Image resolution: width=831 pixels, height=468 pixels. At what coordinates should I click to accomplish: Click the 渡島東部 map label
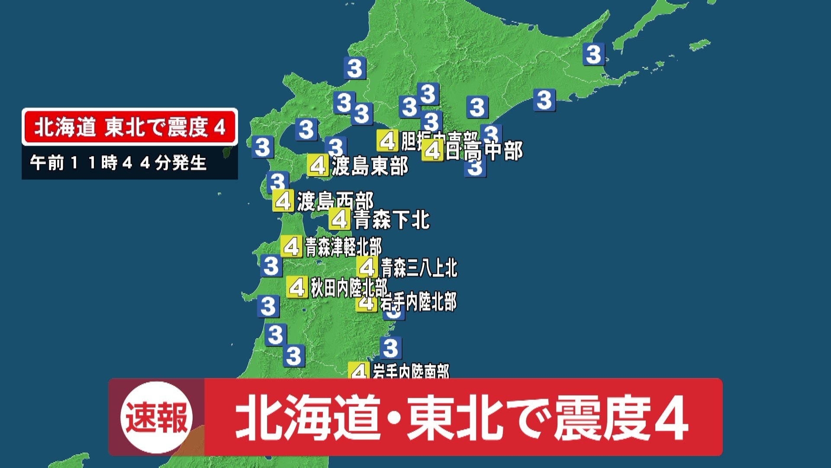(x=370, y=166)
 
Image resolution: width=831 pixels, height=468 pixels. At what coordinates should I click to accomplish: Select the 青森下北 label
(x=392, y=220)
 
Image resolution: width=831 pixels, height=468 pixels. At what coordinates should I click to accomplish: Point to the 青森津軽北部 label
(x=344, y=247)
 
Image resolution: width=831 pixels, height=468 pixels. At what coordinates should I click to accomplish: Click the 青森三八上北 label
(x=419, y=267)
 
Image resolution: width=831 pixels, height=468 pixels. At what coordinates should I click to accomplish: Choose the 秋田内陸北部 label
(x=349, y=287)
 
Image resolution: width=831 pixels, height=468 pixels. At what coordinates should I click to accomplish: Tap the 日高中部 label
(x=484, y=151)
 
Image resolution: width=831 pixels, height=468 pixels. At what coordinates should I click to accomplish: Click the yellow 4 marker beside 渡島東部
(x=318, y=165)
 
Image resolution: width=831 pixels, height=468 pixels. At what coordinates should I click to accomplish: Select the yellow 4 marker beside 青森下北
(x=339, y=219)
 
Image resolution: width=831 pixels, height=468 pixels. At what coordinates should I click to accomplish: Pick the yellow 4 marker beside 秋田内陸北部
(x=297, y=287)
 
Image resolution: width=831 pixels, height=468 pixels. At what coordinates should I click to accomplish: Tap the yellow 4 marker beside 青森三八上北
(x=367, y=267)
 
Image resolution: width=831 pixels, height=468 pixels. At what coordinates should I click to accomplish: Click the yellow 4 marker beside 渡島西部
(x=283, y=201)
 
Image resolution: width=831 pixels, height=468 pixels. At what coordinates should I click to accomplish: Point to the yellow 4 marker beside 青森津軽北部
(x=291, y=247)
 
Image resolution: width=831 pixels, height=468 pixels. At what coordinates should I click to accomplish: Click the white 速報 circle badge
(x=156, y=417)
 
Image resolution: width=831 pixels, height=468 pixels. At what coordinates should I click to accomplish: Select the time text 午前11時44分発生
(x=118, y=163)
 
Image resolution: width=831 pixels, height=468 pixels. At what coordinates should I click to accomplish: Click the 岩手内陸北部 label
(x=418, y=302)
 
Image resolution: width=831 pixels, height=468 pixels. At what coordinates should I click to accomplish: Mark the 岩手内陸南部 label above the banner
(x=411, y=371)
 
